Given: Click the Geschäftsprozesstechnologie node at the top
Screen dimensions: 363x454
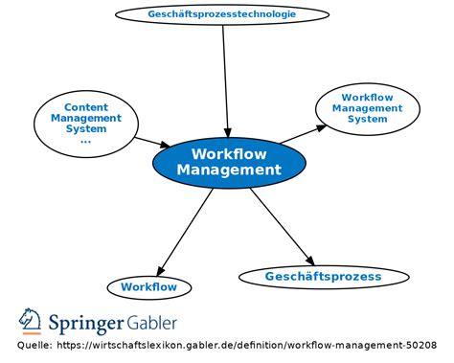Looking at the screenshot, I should (222, 14).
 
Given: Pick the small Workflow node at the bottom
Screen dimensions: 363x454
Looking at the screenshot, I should (148, 286).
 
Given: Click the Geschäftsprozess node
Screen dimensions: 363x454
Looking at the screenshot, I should (323, 277).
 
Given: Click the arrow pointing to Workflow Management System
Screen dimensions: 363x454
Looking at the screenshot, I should (302, 134).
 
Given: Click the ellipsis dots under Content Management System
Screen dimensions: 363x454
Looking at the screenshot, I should (85, 141).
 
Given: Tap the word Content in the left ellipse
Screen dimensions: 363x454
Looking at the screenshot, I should (86, 106).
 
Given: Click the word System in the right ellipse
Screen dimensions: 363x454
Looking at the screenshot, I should (367, 119).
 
